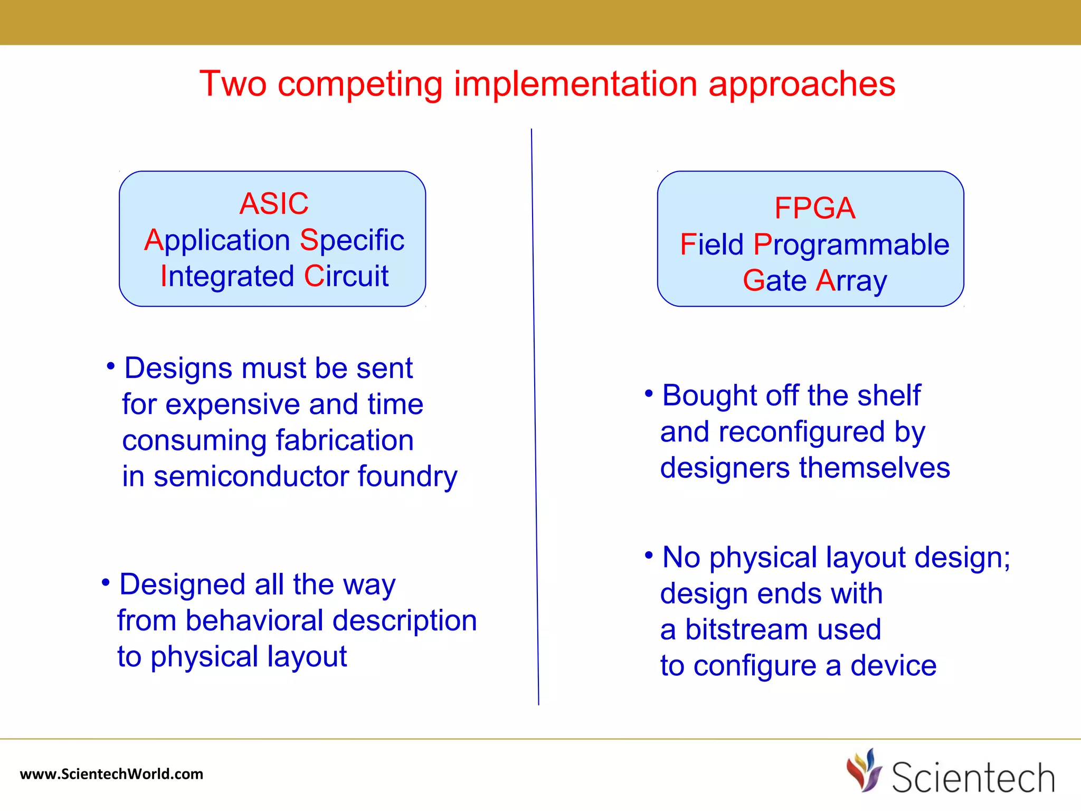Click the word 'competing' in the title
(359, 84)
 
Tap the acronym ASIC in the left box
(273, 204)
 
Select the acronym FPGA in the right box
(814, 208)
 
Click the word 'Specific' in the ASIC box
(352, 241)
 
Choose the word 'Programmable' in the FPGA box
(851, 245)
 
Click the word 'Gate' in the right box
(774, 280)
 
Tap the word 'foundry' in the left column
(407, 477)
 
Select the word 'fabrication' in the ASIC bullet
(344, 440)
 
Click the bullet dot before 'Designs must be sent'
(110, 366)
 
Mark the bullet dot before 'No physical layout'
(649, 555)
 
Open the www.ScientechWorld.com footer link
(111, 774)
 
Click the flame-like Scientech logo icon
(864, 770)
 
